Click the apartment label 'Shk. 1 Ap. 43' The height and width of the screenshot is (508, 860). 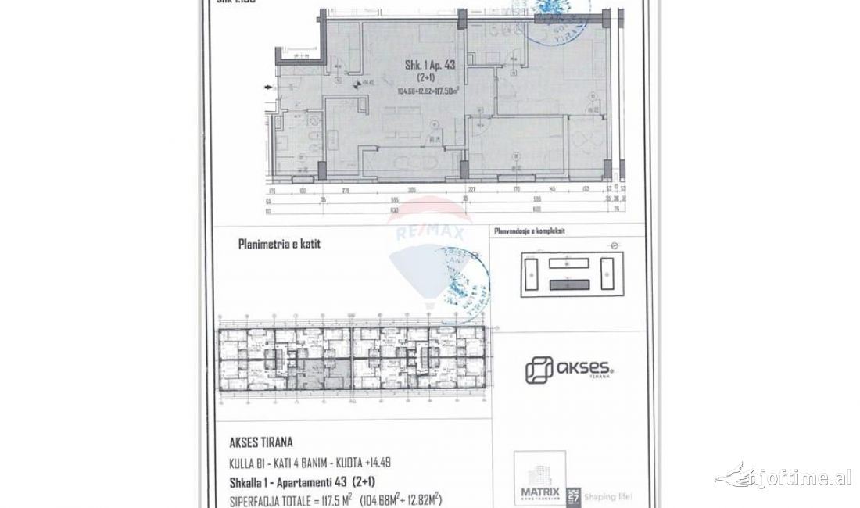coord(429,66)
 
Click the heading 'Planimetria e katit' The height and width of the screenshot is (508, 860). coord(279,244)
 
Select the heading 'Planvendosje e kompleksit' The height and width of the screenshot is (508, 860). coord(539,231)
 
